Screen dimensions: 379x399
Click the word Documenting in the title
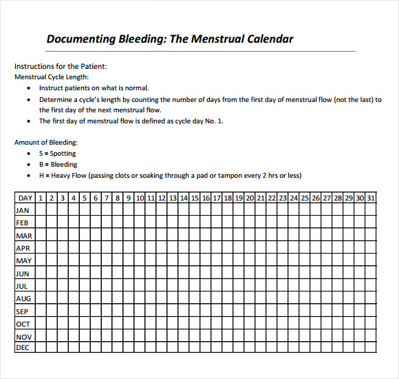tap(80, 39)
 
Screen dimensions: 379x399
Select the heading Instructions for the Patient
tap(61, 67)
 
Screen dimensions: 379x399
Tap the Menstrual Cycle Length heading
tap(52, 77)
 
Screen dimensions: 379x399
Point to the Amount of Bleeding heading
tap(46, 142)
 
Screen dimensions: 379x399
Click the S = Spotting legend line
tap(58, 154)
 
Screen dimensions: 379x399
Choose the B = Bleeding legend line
tap(58, 165)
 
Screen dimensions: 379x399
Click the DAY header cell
tap(25, 198)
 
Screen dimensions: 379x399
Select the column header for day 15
tap(195, 198)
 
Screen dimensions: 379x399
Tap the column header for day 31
tap(371, 198)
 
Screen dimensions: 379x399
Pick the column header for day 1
tap(41, 198)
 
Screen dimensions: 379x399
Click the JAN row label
tap(23, 210)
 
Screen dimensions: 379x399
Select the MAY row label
tap(23, 260)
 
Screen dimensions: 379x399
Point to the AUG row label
tap(23, 298)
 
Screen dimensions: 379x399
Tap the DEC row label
tap(23, 348)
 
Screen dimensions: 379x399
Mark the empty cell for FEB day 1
tap(41, 223)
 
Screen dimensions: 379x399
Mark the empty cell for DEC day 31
tap(371, 348)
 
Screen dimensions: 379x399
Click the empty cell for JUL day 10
tap(140, 285)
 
